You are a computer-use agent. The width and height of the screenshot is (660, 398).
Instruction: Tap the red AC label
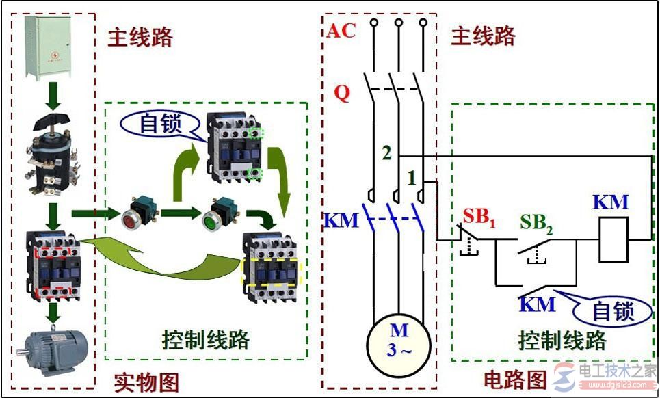(341, 31)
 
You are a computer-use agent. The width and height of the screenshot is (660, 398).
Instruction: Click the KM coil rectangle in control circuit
(613, 239)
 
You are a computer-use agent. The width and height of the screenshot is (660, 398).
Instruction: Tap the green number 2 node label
(386, 154)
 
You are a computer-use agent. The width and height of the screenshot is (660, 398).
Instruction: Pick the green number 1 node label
(412, 178)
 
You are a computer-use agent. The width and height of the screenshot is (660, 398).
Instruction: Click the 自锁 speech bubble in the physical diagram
(158, 124)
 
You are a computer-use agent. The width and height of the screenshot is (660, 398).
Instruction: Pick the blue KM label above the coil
(610, 202)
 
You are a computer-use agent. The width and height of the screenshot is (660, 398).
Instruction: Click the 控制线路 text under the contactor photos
(205, 339)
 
